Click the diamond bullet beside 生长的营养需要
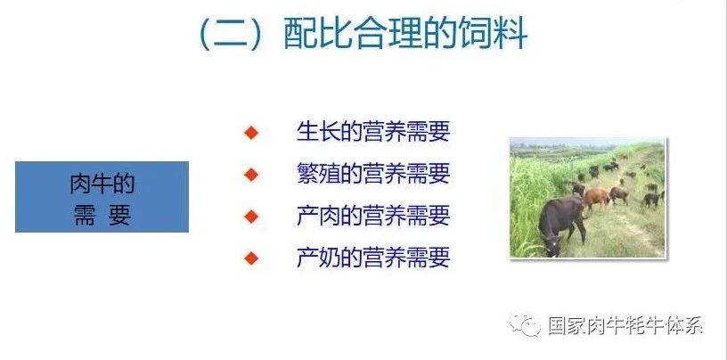pos(251,133)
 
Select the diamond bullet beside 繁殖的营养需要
pos(251,175)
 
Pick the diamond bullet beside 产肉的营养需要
pos(251,217)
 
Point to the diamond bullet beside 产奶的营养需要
pos(251,258)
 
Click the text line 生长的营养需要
pos(373,131)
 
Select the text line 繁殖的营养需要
pos(373,174)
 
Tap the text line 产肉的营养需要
pos(373,216)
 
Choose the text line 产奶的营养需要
pos(373,258)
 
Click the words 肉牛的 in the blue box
pos(102,184)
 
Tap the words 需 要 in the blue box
pos(102,215)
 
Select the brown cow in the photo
pos(596,198)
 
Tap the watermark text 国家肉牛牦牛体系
pos(625,325)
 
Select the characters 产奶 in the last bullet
pos(318,258)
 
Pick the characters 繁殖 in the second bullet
pos(318,174)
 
